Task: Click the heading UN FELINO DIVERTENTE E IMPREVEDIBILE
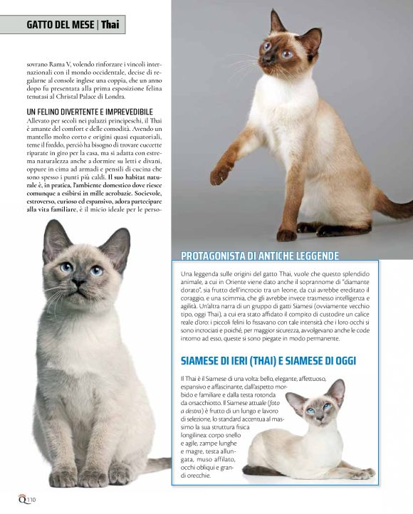[x=90, y=112]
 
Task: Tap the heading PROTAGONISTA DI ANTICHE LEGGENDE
[x=260, y=256]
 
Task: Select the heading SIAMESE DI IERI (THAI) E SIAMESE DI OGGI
[x=278, y=360]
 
